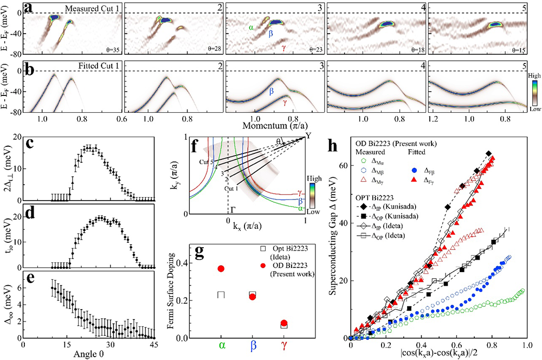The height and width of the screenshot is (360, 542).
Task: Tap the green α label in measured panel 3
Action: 251,26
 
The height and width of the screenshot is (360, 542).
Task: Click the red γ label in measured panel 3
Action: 285,49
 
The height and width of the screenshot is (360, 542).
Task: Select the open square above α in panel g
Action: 221,294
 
